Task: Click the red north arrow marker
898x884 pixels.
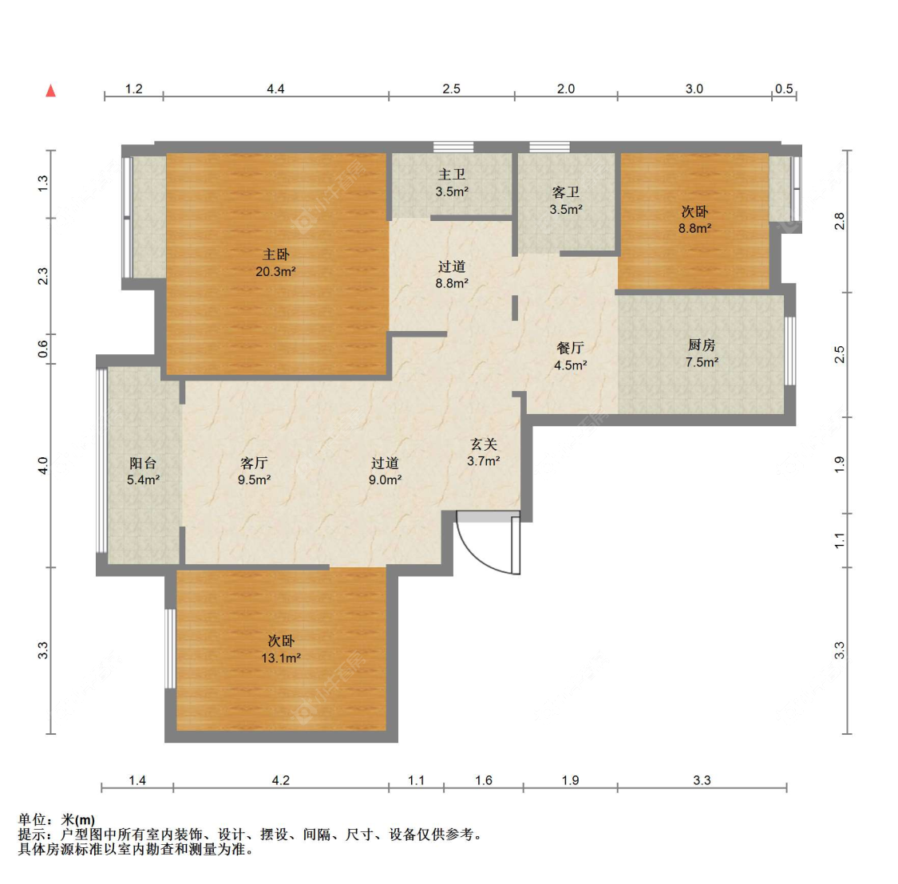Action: point(51,90)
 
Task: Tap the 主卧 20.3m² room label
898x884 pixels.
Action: point(275,262)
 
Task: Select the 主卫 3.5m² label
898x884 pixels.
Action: point(452,184)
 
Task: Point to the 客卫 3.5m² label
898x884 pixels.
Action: point(566,201)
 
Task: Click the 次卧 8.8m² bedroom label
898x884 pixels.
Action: point(694,220)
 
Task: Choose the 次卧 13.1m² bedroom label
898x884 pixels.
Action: point(281,649)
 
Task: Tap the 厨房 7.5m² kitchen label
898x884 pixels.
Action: point(702,353)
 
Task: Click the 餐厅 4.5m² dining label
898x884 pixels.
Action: point(571,356)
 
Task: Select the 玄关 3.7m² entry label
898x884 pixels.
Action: point(484,452)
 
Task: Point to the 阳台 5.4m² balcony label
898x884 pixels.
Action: point(143,472)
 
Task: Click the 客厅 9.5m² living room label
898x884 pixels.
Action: point(255,472)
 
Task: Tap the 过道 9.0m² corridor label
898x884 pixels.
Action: point(385,472)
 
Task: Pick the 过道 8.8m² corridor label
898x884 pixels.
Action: point(452,274)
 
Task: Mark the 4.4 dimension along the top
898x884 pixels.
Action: point(275,89)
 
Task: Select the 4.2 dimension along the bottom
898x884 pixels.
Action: point(281,780)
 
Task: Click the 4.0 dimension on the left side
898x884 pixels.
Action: point(43,465)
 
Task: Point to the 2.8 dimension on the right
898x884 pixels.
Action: point(840,221)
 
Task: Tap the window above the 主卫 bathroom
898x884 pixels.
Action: point(453,147)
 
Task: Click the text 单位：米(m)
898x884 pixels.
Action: point(57,819)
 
